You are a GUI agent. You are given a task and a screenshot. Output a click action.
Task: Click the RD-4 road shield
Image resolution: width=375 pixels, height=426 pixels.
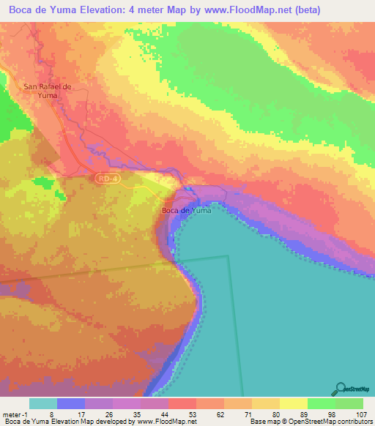pos(105,178)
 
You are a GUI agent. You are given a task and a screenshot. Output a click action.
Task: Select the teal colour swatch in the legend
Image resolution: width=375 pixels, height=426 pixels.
pos(43,403)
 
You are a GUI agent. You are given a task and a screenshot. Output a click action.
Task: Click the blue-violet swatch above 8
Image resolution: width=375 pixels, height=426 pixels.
pos(71,403)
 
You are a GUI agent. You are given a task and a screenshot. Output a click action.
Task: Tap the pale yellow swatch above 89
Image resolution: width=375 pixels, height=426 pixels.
pos(294,403)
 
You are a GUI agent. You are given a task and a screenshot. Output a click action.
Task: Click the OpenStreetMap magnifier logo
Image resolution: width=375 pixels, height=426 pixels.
pos(340,389)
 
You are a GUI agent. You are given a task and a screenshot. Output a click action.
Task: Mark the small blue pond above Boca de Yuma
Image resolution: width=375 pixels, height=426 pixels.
pos(188,189)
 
